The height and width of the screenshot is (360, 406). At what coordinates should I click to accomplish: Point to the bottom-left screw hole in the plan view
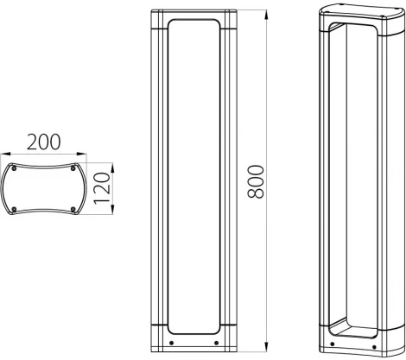click(x=15, y=208)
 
